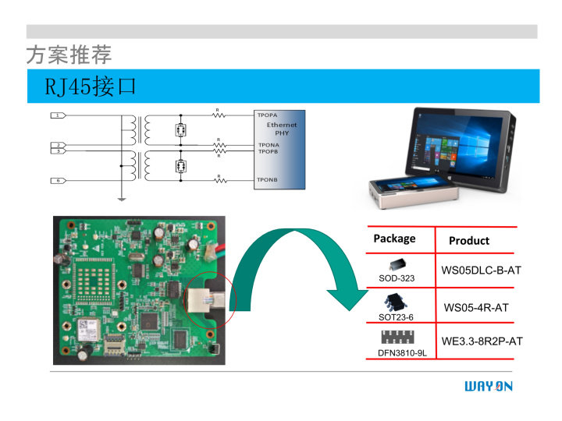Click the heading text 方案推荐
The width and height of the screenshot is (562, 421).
pos(69,55)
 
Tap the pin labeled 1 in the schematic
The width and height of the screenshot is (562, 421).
pos(58,115)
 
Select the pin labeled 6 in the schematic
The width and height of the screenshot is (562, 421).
pos(58,180)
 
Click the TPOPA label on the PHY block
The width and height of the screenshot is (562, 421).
pos(268,115)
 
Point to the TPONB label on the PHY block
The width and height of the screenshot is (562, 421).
pos(268,179)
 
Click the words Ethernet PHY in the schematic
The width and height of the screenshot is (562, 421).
pos(282,129)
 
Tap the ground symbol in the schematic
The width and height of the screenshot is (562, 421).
pos(121,198)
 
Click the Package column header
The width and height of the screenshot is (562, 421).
pos(394,239)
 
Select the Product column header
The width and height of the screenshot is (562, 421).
pos(469,241)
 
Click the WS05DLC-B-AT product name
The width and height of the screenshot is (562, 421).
pos(481,271)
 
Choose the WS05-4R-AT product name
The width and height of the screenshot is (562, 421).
pos(476,308)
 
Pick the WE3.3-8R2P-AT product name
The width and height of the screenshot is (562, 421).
pos(482,341)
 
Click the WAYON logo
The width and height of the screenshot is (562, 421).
pos(489,387)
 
